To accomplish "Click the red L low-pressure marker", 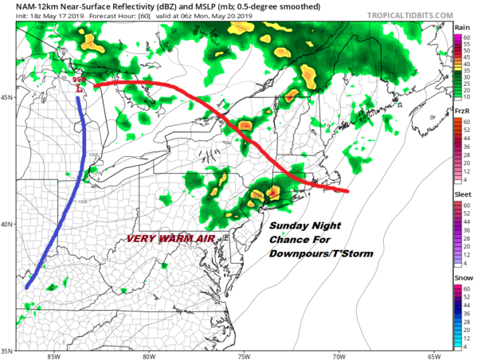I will point(79,90).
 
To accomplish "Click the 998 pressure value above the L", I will point(78,80).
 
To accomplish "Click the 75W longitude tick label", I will point(245,356).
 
